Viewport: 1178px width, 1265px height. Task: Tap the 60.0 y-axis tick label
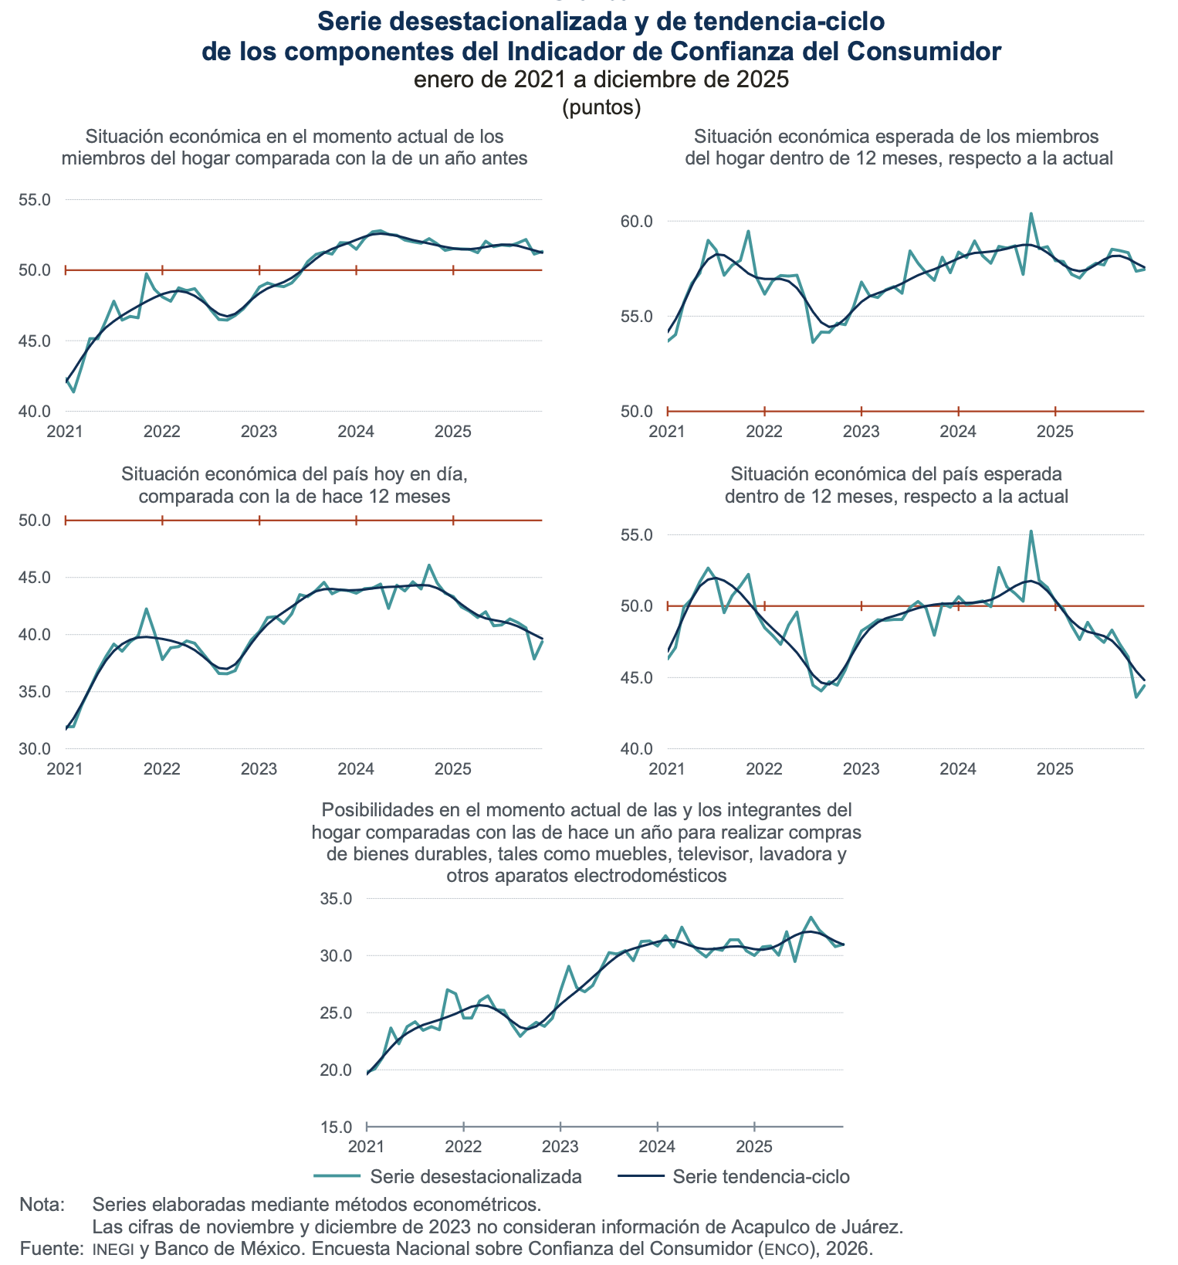tap(637, 222)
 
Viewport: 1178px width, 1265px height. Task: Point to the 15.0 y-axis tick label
tap(337, 1128)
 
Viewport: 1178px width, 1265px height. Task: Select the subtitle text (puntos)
tap(601, 107)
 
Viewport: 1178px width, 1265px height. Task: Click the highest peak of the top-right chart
tap(1031, 214)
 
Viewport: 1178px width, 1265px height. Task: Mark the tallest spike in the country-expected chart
tap(1031, 531)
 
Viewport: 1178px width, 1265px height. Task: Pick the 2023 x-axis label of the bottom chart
tap(560, 1145)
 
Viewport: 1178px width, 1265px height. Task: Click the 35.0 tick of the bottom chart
tap(337, 899)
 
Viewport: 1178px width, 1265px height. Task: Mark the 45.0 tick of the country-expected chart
tap(637, 678)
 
